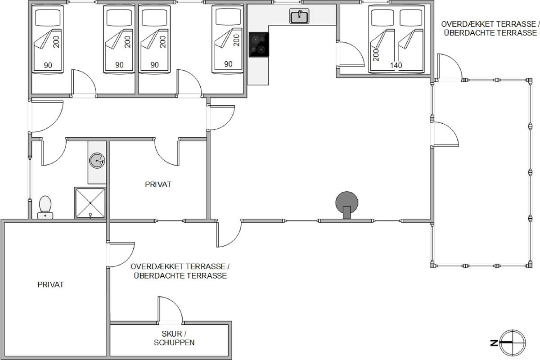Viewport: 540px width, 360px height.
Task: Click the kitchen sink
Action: point(299,16)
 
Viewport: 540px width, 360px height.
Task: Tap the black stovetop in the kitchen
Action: point(259,45)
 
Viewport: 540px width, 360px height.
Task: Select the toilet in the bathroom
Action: point(45,207)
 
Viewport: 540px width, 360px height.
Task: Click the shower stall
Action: point(90,203)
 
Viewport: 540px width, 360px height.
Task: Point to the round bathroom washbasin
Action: point(97,160)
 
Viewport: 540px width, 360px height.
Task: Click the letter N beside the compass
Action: point(494,342)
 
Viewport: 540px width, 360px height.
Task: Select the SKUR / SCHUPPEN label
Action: point(174,338)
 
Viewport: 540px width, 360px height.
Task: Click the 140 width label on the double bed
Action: point(396,65)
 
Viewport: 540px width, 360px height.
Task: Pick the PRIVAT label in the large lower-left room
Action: point(50,284)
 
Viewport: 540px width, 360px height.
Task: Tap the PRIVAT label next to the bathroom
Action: point(158,184)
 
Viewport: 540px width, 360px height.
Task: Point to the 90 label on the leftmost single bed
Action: point(48,65)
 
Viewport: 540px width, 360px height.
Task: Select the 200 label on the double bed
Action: point(376,55)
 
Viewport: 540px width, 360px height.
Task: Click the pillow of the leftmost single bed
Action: point(48,18)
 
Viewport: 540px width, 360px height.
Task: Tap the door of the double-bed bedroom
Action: point(351,54)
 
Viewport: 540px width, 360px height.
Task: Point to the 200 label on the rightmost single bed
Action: point(237,40)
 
